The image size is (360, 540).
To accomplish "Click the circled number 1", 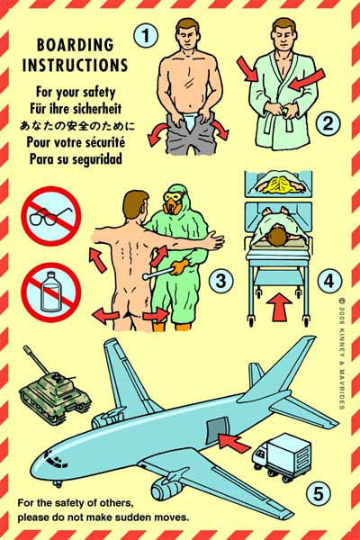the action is pos(146,35).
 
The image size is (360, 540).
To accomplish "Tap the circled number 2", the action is pos(328,123).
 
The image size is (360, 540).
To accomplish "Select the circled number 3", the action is pos(220,281).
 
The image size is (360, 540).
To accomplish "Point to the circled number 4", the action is pos(329,281).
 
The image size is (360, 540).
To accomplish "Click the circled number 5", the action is pos(318,493).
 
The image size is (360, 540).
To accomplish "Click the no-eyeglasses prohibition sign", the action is pos(51,216).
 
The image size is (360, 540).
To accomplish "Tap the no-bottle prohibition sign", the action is pos(51,292).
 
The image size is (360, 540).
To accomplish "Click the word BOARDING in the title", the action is pos(75,45).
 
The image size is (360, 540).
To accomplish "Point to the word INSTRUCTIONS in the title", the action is pos(75,65).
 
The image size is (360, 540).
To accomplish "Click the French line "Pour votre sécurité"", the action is pos(76,142).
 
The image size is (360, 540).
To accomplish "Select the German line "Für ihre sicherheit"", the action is pos(76,109).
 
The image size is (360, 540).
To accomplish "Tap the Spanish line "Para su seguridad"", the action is pos(76,158).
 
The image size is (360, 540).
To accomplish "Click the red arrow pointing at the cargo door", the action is pos(234,443).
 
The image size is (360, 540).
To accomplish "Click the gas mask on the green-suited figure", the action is pos(171,202).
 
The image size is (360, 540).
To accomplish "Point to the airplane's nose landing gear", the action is pos(58,482).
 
